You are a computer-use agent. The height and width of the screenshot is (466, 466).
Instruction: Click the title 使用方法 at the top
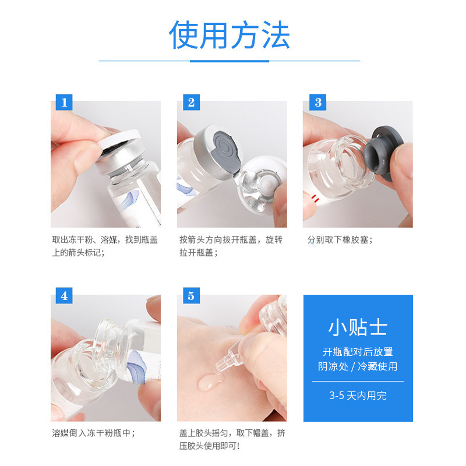(x=230, y=35)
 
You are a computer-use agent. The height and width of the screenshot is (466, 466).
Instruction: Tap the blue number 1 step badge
(x=64, y=103)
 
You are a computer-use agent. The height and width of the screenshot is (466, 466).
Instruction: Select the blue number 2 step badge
(x=191, y=103)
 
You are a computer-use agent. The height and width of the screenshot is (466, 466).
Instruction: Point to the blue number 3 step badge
(x=317, y=103)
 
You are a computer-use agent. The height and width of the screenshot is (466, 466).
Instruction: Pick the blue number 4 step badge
(x=64, y=296)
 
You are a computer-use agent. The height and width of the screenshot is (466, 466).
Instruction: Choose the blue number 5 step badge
(x=191, y=296)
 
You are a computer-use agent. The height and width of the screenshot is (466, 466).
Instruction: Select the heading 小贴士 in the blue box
(x=358, y=327)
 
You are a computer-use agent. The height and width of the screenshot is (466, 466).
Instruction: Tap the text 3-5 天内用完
(x=358, y=396)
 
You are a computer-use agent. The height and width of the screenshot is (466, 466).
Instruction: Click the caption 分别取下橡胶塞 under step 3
(x=340, y=240)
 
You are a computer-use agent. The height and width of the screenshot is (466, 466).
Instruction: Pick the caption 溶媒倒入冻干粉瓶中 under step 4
(x=93, y=433)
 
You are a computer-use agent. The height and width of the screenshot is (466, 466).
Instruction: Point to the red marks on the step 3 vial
(x=315, y=197)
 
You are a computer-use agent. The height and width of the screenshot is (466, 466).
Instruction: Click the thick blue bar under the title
(x=230, y=61)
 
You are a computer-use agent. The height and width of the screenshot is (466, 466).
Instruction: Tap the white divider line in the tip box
(x=358, y=381)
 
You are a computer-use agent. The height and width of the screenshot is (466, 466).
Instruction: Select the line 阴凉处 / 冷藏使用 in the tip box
(x=358, y=366)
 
